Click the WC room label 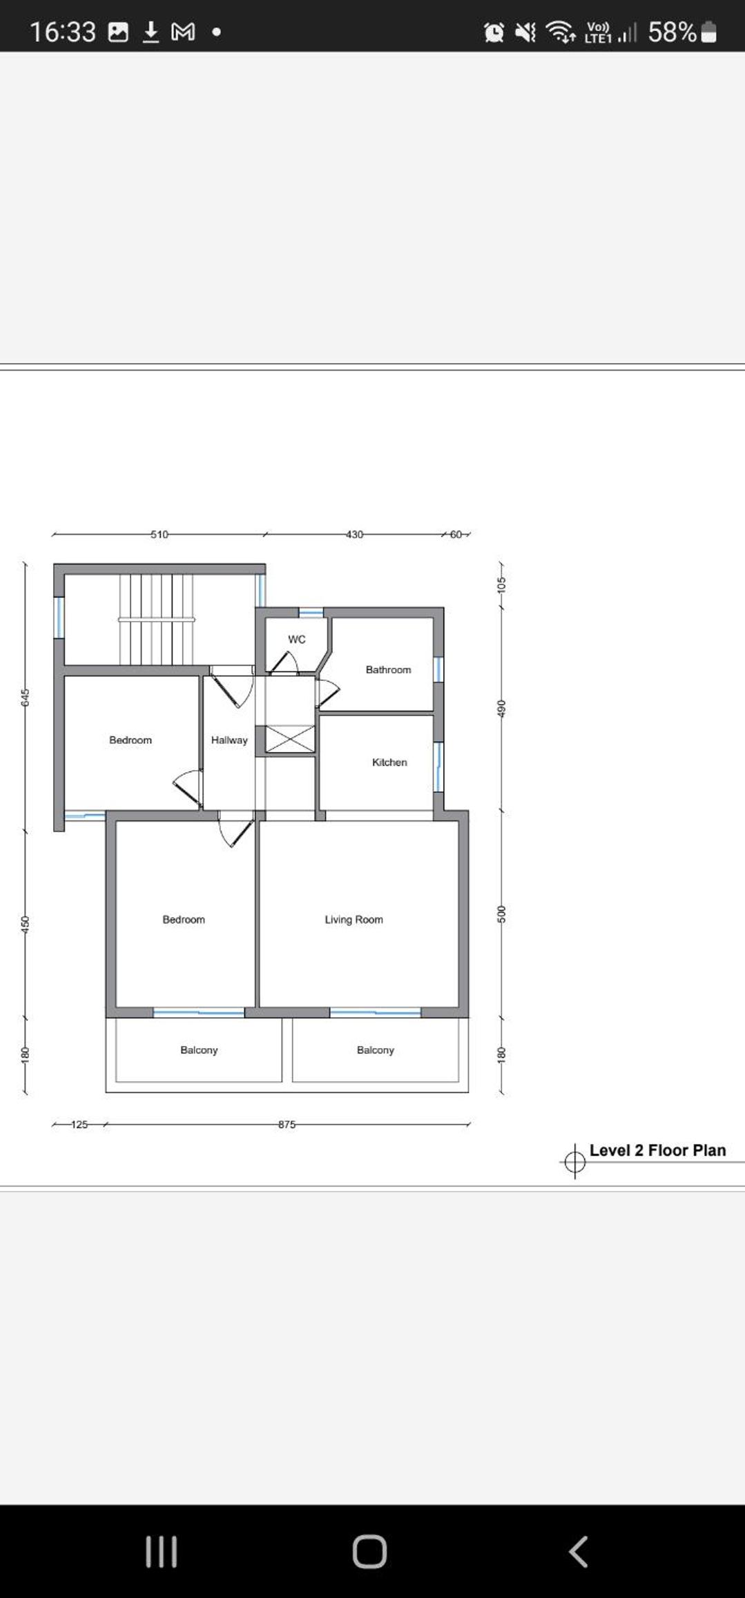pyautogui.click(x=297, y=640)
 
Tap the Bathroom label pyautogui.click(x=388, y=670)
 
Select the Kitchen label pyautogui.click(x=389, y=762)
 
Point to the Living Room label pyautogui.click(x=354, y=920)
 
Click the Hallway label pyautogui.click(x=229, y=740)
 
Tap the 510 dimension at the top pyautogui.click(x=159, y=534)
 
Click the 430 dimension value pyautogui.click(x=354, y=534)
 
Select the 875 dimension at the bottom pyautogui.click(x=287, y=1124)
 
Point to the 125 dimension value pyautogui.click(x=79, y=1124)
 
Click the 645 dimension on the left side pyautogui.click(x=26, y=697)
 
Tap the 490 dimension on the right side pyautogui.click(x=502, y=708)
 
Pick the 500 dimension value pyautogui.click(x=502, y=914)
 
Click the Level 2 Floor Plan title pyautogui.click(x=657, y=1150)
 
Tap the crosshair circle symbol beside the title pyautogui.click(x=574, y=1162)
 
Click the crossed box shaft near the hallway pyautogui.click(x=290, y=739)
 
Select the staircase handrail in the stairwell pyautogui.click(x=157, y=620)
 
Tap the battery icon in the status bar pyautogui.click(x=709, y=32)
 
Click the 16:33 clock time pyautogui.click(x=62, y=32)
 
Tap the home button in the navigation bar pyautogui.click(x=369, y=1552)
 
